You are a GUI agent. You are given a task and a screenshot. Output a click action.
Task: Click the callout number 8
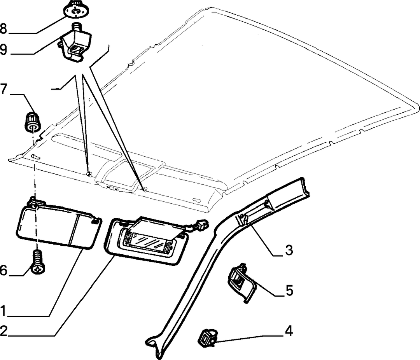[x=3, y=29]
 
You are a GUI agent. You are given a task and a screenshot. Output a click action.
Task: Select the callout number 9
[x=3, y=49]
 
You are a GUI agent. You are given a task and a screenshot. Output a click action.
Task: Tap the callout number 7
[x=3, y=89]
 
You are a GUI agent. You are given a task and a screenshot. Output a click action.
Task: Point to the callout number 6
[x=3, y=271]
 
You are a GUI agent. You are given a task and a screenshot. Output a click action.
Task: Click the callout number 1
[x=3, y=311]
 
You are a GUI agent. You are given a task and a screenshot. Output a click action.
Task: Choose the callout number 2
[x=3, y=331]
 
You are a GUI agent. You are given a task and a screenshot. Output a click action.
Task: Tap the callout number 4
[x=289, y=331]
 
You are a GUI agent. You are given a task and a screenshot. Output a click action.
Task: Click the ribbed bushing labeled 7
[x=31, y=122]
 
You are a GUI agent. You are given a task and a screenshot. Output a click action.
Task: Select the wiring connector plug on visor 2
[x=201, y=224]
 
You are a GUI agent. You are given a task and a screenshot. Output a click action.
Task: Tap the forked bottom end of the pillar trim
[x=154, y=346]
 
